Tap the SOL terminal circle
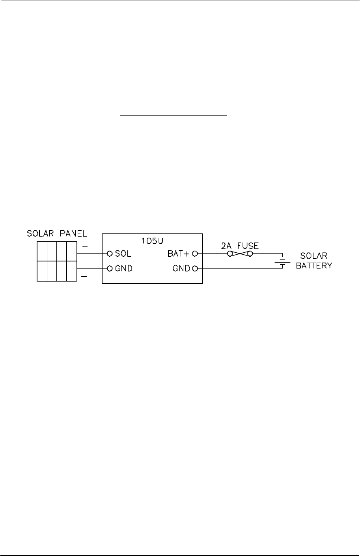click(x=110, y=253)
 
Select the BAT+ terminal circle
click(x=195, y=253)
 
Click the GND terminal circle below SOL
click(x=110, y=269)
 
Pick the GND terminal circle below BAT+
click(x=195, y=269)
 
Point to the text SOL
click(x=123, y=253)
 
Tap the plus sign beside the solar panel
click(x=84, y=246)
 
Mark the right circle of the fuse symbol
click(x=250, y=253)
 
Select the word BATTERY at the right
click(x=314, y=266)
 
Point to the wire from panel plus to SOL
click(x=93, y=253)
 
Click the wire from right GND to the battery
click(x=237, y=269)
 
